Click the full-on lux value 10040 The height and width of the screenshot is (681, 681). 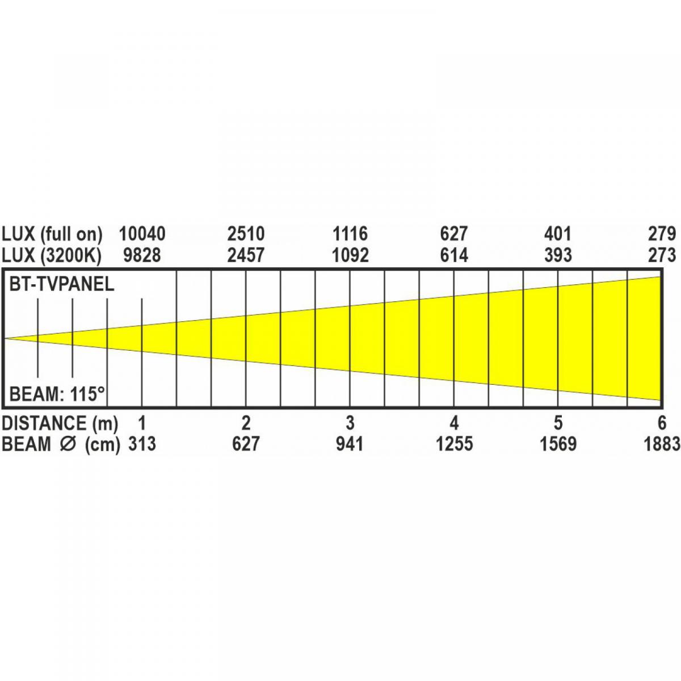(142, 233)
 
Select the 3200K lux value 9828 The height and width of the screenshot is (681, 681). (142, 255)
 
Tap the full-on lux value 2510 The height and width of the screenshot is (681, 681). (246, 233)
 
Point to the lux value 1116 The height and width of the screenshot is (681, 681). (350, 233)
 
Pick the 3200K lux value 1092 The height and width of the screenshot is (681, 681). (350, 255)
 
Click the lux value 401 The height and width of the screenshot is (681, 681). (558, 233)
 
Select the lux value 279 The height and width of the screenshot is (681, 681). (662, 233)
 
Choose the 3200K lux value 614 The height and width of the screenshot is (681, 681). (454, 255)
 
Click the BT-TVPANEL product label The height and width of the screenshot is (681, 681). (62, 284)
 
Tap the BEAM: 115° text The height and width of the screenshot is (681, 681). (57, 393)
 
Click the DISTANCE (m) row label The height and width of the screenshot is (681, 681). (60, 423)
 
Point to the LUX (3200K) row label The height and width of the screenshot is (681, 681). (51, 255)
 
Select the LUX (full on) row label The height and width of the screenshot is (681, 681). (52, 233)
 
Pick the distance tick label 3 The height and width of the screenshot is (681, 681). (350, 423)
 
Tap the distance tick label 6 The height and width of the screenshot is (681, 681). (662, 423)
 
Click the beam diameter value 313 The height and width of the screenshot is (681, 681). (142, 444)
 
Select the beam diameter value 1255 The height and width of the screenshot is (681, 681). (454, 444)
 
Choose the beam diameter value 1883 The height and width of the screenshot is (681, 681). (662, 444)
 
